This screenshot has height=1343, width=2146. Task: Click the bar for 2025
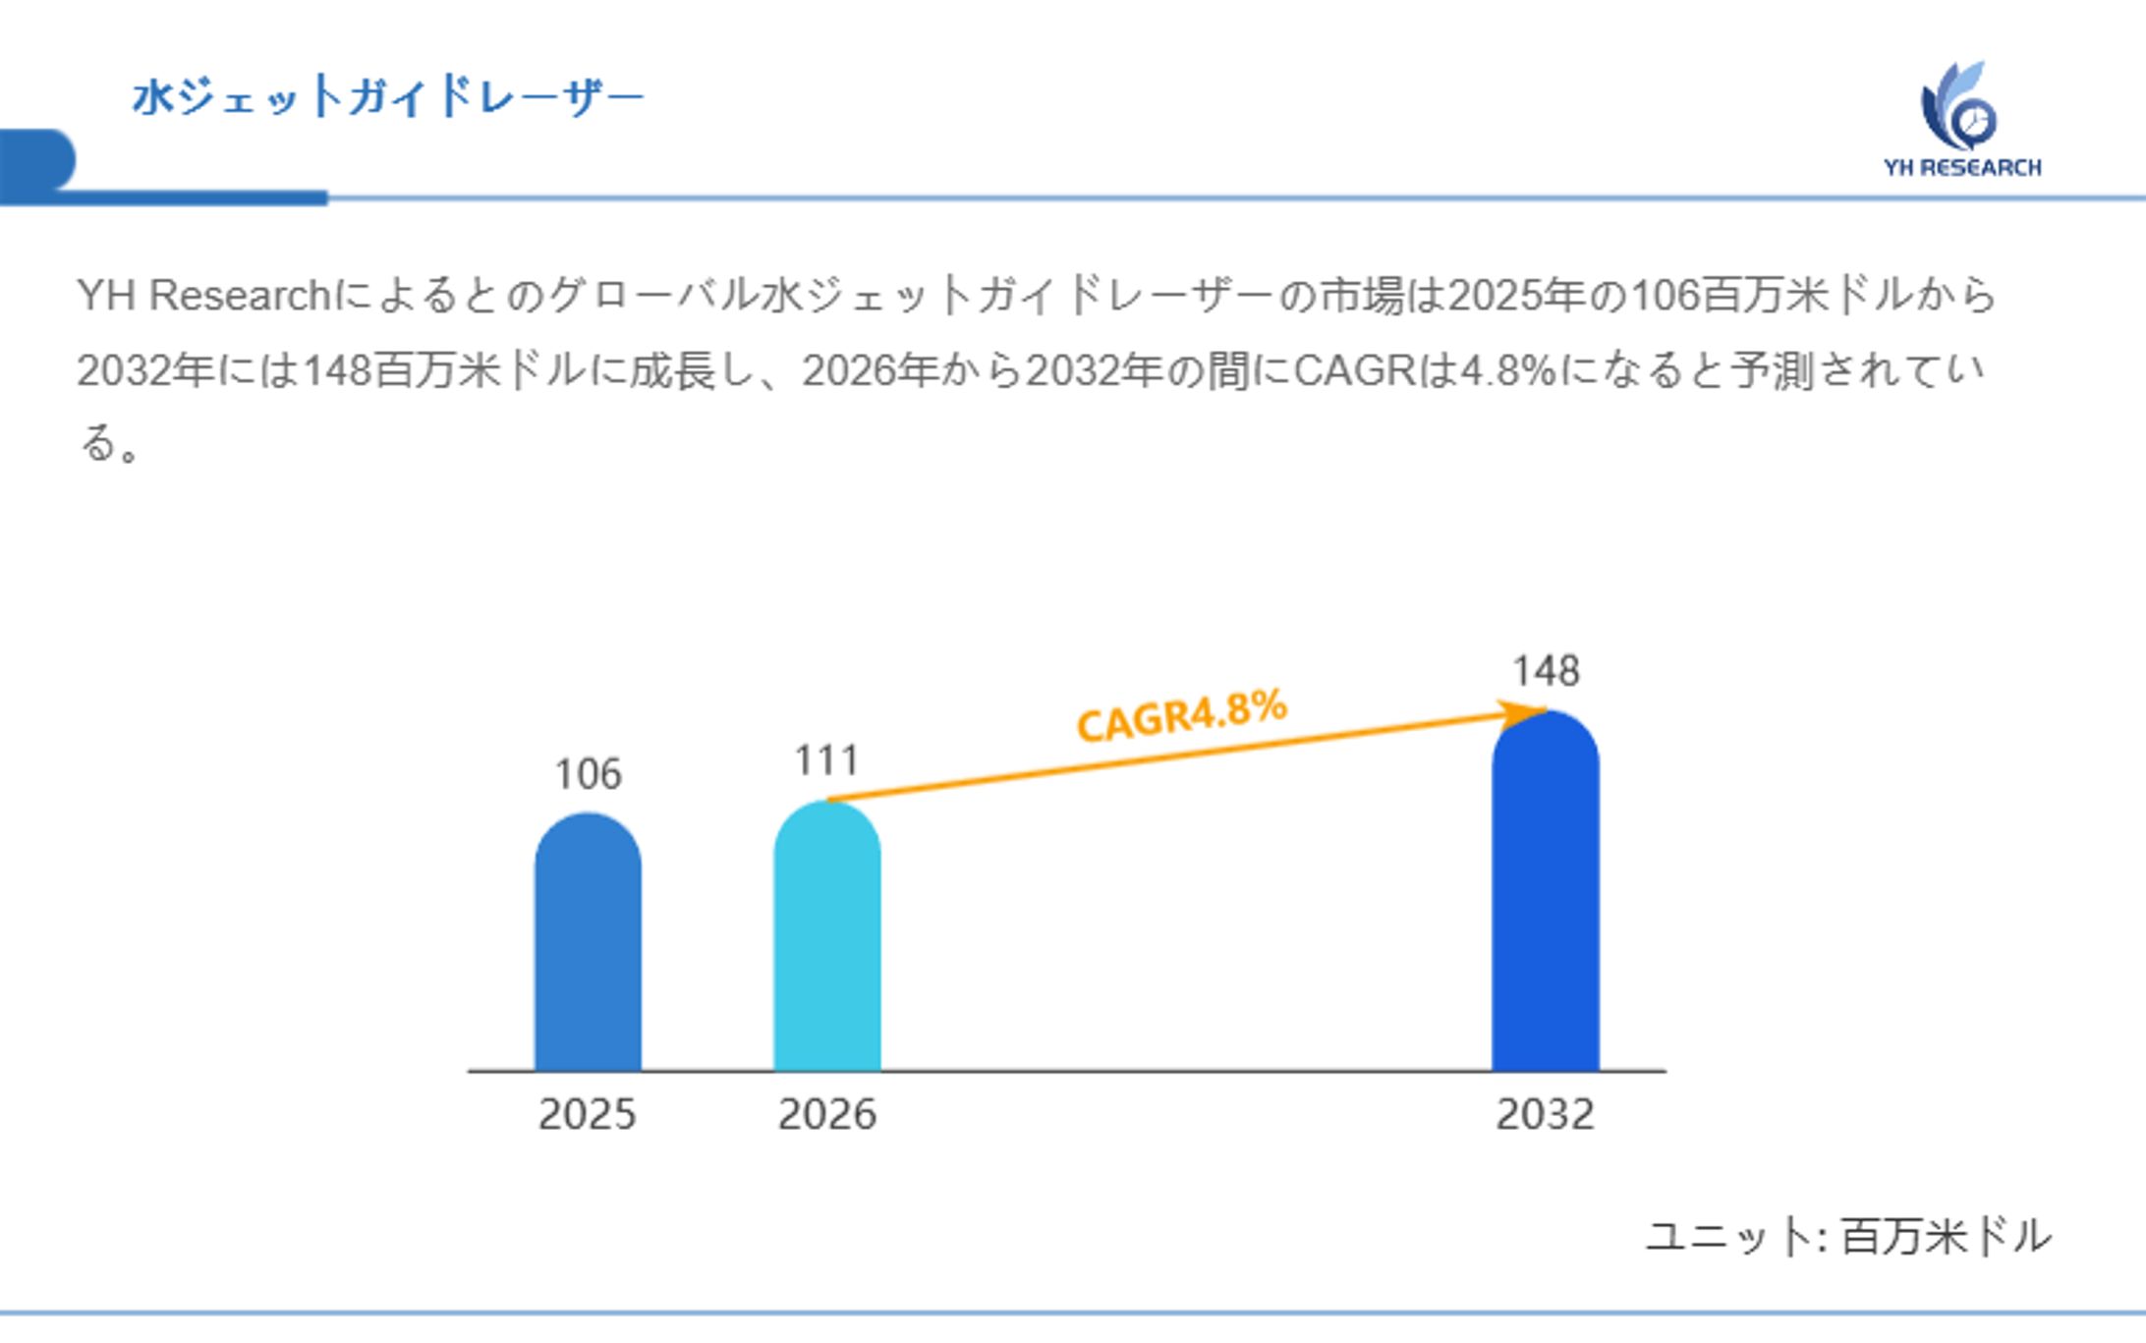click(588, 943)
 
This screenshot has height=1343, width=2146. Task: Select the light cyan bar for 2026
click(826, 938)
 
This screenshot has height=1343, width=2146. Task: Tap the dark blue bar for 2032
click(1545, 894)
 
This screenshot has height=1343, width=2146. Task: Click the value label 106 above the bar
click(588, 774)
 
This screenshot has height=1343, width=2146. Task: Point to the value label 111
click(826, 760)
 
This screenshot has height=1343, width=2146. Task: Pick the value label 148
click(1546, 671)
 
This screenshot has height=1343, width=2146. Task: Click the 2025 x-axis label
click(588, 1114)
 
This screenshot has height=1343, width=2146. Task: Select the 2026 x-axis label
click(826, 1114)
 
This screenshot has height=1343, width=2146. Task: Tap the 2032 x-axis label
click(1545, 1114)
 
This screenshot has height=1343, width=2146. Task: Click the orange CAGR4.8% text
click(1181, 715)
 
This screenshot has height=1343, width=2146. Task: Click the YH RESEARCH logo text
click(1961, 168)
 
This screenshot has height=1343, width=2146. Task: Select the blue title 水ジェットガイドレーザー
click(387, 96)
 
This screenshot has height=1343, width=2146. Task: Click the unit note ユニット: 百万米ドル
click(1847, 1236)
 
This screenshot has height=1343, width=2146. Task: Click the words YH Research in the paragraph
click(203, 296)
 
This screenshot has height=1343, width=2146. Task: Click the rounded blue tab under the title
click(37, 159)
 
